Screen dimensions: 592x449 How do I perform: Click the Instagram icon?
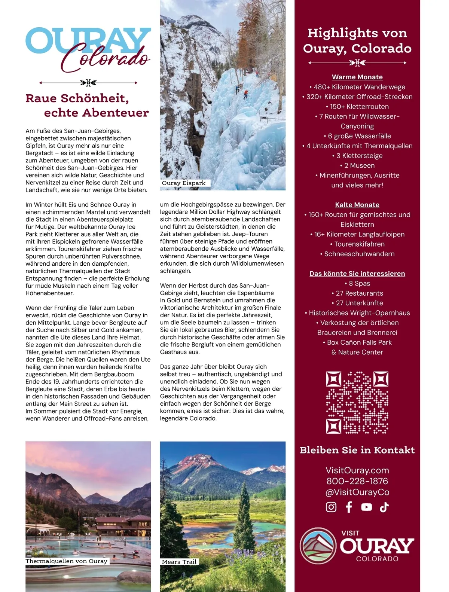[331, 507]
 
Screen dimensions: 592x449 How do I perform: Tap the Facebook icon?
[349, 507]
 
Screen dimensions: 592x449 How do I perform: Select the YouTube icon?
[366, 507]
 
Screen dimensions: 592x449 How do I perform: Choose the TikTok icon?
[384, 507]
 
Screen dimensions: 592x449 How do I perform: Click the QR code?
[357, 403]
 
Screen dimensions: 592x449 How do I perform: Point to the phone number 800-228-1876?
[357, 481]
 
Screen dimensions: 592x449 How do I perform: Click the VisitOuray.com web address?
[357, 470]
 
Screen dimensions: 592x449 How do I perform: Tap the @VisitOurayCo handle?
[357, 492]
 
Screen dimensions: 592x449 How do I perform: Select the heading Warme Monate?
[357, 77]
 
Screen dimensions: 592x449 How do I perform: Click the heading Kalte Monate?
[357, 205]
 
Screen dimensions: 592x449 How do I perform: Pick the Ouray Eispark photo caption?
[184, 183]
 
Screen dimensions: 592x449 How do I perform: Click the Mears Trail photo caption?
[179, 562]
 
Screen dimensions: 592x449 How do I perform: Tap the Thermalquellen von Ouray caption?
[67, 561]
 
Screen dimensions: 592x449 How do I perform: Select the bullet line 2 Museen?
[357, 165]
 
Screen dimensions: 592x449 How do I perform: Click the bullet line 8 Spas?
[357, 283]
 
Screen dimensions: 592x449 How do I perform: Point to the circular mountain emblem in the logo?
[318, 546]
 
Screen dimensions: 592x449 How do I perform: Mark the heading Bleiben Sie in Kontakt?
[357, 450]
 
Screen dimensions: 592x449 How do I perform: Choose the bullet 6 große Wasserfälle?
[357, 136]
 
